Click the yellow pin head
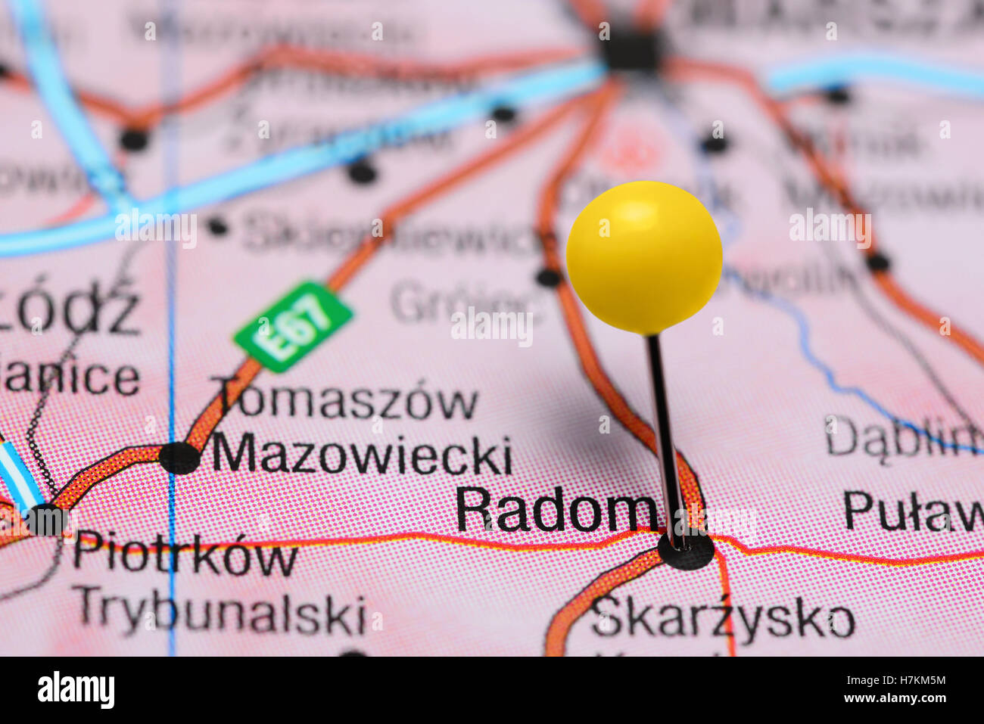[644, 257]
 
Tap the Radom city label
[556, 511]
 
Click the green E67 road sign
[294, 327]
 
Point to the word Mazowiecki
[362, 455]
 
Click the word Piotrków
[185, 557]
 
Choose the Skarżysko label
[723, 619]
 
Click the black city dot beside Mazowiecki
[179, 458]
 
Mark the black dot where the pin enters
[686, 551]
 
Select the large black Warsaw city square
[630, 50]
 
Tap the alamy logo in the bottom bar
[76, 690]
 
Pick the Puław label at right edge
[912, 511]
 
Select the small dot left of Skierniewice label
[218, 225]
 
